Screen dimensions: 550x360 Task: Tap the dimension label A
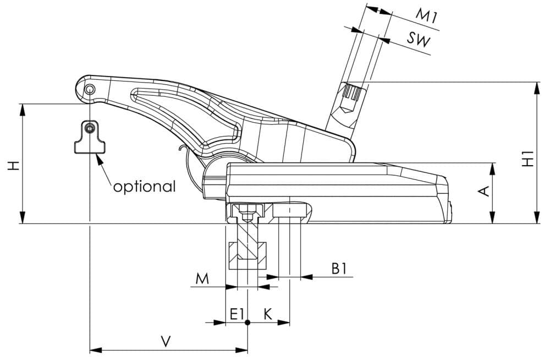click(x=483, y=192)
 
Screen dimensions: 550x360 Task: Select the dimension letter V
click(x=166, y=342)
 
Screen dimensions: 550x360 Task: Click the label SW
click(x=419, y=39)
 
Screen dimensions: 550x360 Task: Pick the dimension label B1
click(x=339, y=269)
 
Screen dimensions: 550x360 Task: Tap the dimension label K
click(x=268, y=314)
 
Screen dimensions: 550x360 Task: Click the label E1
click(x=237, y=314)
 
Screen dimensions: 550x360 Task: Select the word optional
click(x=144, y=187)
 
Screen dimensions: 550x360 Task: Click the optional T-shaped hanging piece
click(x=90, y=137)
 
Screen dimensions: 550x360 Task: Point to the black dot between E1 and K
click(x=248, y=323)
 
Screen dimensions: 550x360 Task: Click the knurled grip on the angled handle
click(x=352, y=92)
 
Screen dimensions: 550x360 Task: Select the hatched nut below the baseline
click(x=248, y=255)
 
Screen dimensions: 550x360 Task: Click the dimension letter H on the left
click(x=14, y=166)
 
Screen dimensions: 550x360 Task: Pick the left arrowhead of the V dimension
click(x=96, y=350)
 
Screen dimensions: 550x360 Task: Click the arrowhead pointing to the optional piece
click(x=99, y=160)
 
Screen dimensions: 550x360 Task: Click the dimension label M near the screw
click(x=202, y=279)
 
